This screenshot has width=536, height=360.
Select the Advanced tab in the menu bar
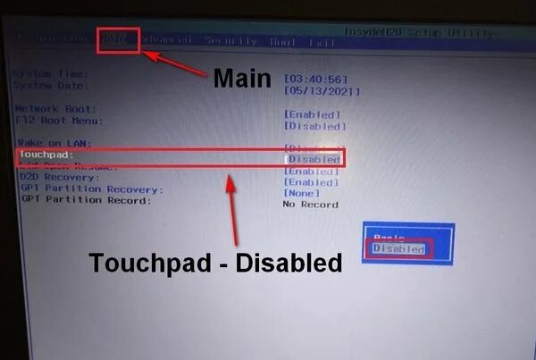[x=168, y=40]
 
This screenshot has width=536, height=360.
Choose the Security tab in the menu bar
[x=230, y=40]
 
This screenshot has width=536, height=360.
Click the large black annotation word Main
[x=241, y=79]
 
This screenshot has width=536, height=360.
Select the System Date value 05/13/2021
[x=322, y=91]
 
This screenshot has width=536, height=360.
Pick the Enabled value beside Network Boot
[x=312, y=114]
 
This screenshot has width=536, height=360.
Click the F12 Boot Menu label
[x=60, y=120]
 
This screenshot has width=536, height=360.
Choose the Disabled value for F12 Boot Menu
[x=314, y=126]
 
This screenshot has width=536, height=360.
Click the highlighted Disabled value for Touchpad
[x=314, y=159]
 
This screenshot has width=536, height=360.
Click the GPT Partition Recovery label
[x=92, y=189]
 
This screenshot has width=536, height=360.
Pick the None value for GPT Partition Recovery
[x=301, y=193]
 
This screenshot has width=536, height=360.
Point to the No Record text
[x=311, y=205]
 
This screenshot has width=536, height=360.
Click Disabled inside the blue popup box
[x=399, y=249]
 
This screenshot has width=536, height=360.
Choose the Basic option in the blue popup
[x=389, y=236]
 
